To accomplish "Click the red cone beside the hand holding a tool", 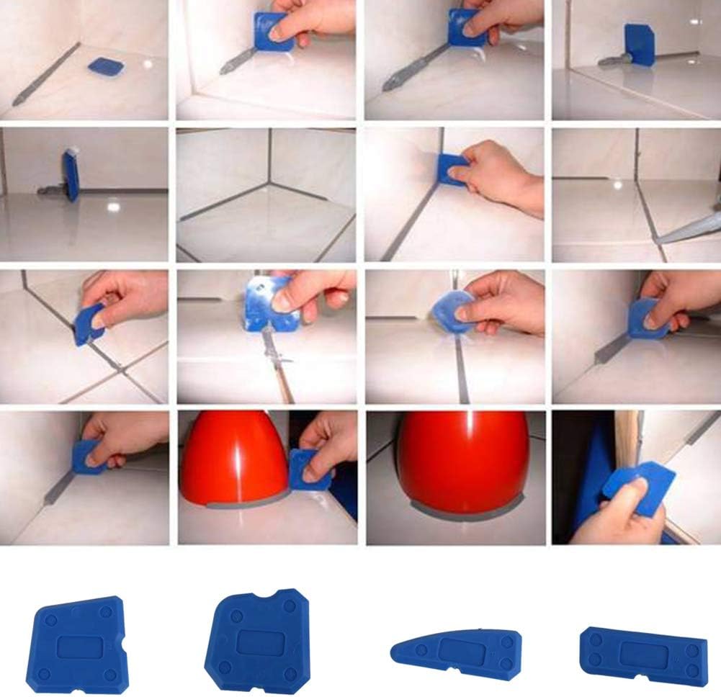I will tap(234, 457).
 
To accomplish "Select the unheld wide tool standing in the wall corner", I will tap(639, 45).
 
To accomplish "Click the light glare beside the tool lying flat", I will tap(149, 65).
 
